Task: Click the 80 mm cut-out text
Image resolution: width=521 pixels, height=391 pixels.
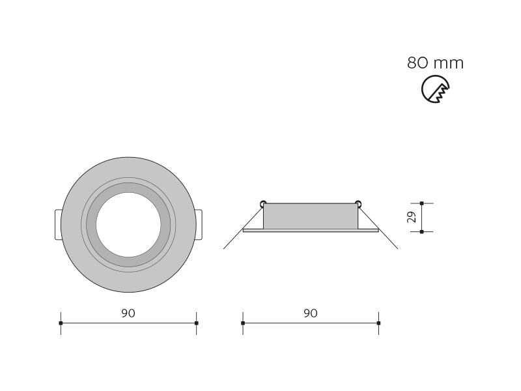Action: click(435, 63)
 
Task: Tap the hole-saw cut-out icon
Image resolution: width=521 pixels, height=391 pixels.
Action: click(435, 89)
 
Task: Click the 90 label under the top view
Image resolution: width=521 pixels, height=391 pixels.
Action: click(128, 313)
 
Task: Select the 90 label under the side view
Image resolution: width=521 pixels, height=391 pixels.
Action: click(311, 313)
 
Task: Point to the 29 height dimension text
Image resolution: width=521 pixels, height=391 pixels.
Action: click(412, 217)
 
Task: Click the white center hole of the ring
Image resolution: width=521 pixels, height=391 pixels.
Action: click(128, 225)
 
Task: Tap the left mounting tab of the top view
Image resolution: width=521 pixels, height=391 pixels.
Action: click(58, 225)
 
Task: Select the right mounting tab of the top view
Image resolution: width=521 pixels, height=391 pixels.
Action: click(199, 225)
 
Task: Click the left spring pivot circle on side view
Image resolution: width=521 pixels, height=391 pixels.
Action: click(263, 203)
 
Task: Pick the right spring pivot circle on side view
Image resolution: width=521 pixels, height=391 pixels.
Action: click(358, 203)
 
